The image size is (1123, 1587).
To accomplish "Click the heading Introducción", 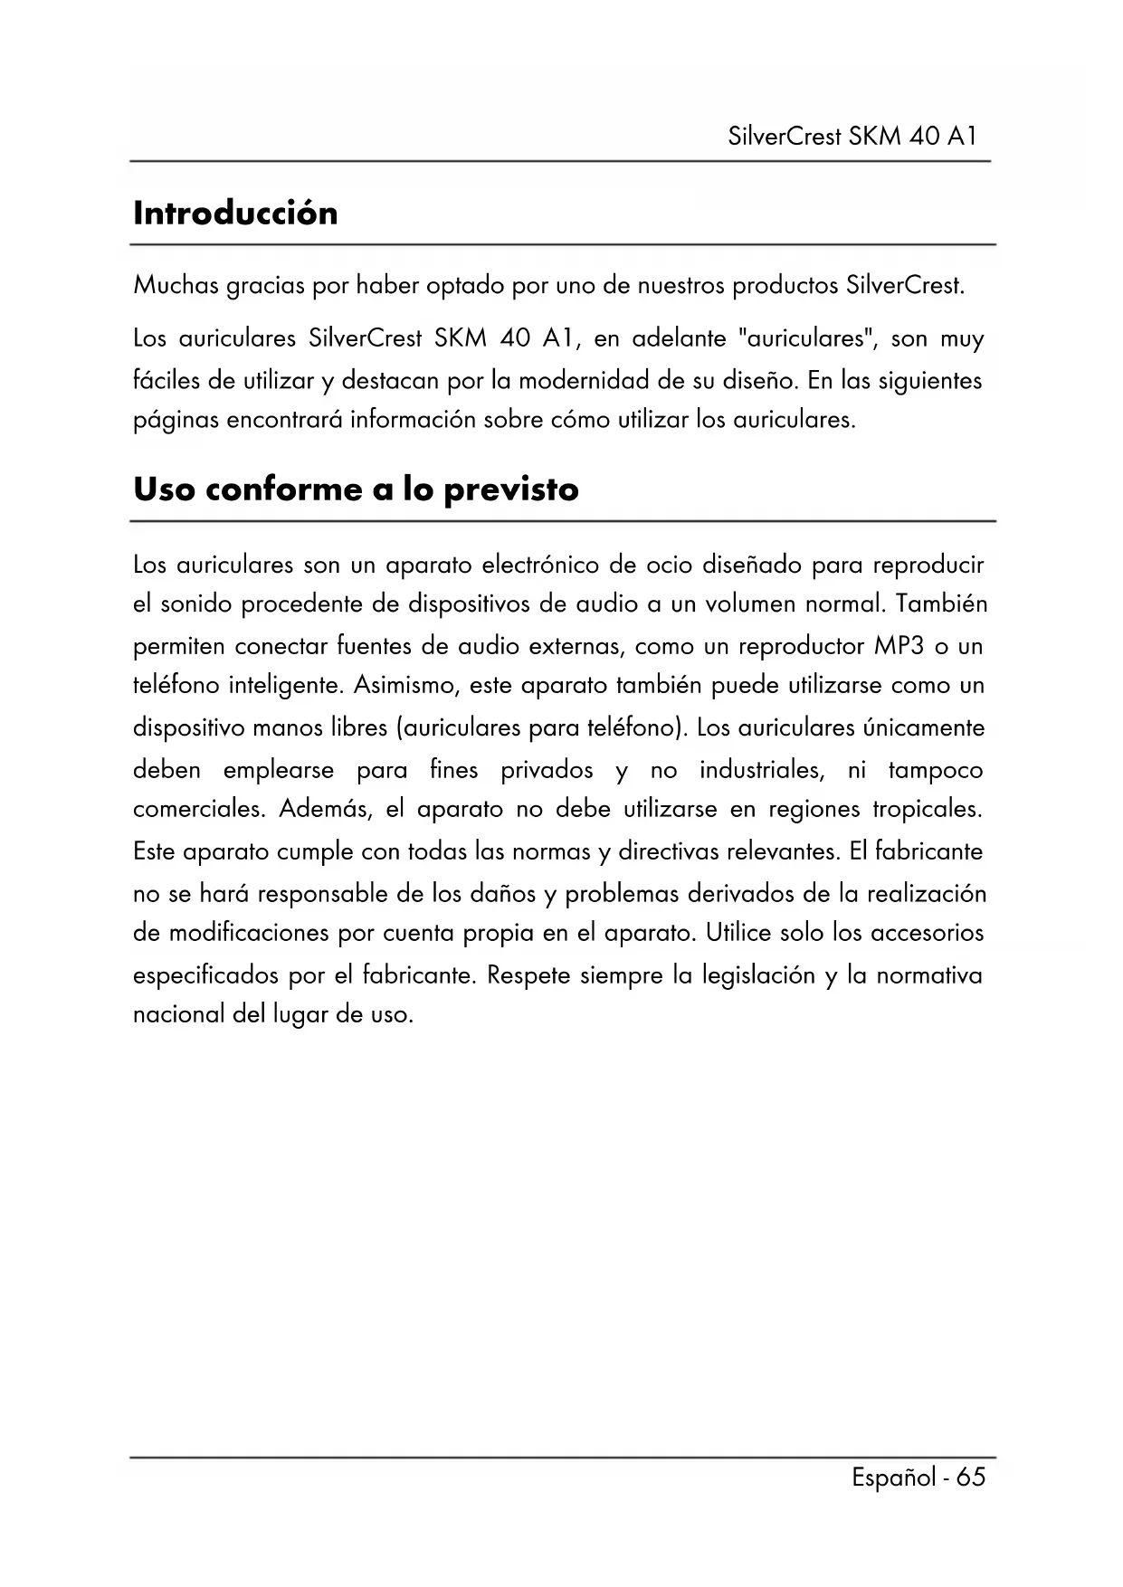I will (235, 214).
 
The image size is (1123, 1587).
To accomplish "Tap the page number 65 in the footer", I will (970, 1478).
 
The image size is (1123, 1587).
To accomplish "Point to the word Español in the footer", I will (893, 1478).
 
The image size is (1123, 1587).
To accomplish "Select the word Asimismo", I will (406, 686).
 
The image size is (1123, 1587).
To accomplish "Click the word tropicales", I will (927, 809).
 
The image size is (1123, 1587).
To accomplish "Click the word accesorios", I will (927, 933).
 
